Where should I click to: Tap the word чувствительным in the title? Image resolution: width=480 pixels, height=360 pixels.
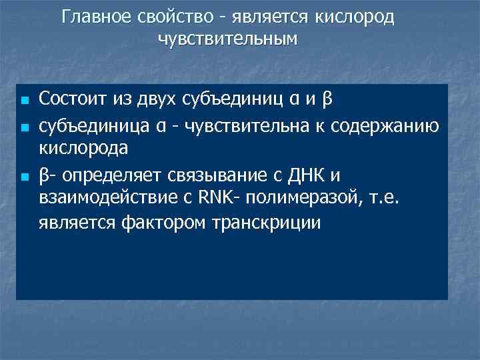227,39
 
